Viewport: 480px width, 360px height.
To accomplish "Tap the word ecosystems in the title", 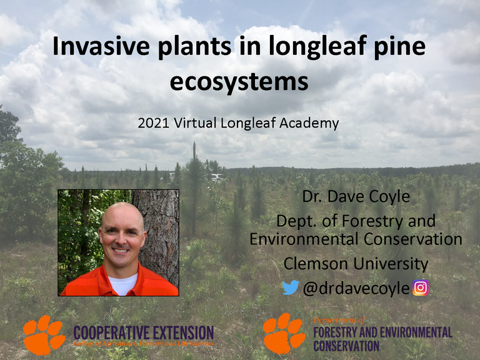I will click(239, 81).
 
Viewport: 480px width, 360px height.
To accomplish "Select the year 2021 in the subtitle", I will click(151, 123).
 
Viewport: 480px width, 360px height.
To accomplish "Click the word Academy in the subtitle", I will click(311, 123).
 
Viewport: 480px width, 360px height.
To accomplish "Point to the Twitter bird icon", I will click(290, 287).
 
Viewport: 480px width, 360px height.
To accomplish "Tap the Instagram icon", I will click(421, 287).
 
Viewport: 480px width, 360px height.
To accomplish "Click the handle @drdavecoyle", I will click(356, 287).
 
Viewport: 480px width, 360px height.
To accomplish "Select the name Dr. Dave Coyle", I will click(356, 197).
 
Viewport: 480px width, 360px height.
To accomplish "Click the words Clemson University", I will click(356, 263).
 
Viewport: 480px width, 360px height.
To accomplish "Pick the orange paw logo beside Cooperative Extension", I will click(44, 334).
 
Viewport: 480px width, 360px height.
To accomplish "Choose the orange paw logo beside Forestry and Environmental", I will click(284, 333).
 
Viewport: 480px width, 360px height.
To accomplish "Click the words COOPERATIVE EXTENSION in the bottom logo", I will click(143, 331).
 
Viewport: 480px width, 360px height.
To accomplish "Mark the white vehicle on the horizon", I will click(216, 177).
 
